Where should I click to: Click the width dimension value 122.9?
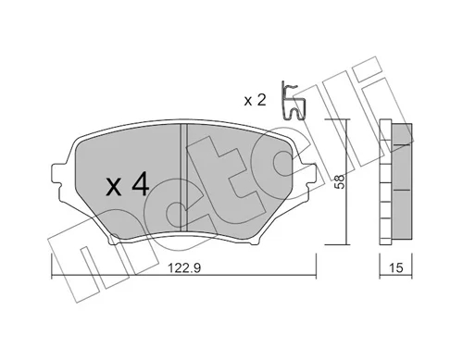(x=184, y=267)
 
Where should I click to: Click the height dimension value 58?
(x=339, y=181)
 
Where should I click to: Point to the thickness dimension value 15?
(x=395, y=267)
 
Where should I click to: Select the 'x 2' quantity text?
(x=255, y=100)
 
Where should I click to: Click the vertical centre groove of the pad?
(x=184, y=177)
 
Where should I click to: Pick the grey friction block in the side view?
(x=402, y=180)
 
